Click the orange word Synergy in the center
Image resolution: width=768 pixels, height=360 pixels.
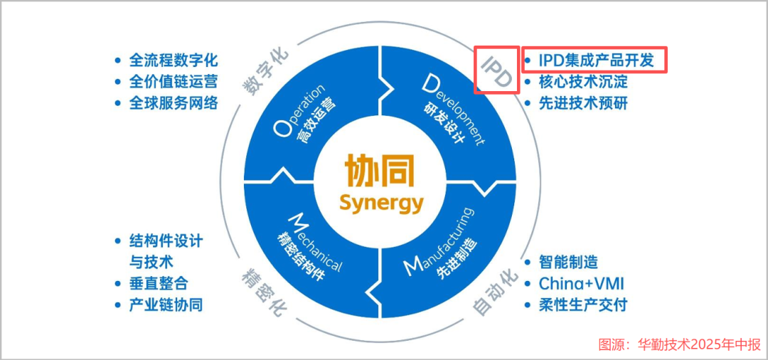(x=381, y=203)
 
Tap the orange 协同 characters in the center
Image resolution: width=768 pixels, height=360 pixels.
(x=379, y=171)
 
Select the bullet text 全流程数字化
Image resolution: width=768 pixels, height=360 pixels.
(x=173, y=60)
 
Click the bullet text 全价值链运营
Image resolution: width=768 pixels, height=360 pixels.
(x=173, y=82)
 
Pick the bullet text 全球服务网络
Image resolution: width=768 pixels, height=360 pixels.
(x=173, y=103)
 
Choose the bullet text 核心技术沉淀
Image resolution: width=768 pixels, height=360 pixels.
(x=582, y=82)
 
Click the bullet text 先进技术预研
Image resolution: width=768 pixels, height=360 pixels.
(x=582, y=103)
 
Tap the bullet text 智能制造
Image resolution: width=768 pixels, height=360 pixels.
(x=568, y=262)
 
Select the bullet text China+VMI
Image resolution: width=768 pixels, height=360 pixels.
(x=581, y=283)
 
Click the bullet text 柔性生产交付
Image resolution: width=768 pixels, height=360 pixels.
(x=582, y=305)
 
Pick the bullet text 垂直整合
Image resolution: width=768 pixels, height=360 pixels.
(x=158, y=283)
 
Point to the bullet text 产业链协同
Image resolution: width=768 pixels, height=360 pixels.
(x=166, y=305)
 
